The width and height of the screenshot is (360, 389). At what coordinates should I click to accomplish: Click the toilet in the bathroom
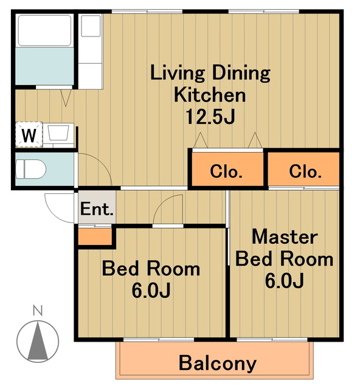click(31, 169)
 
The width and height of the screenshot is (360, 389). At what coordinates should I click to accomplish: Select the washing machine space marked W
click(29, 134)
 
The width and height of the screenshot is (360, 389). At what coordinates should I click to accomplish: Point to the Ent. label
click(97, 209)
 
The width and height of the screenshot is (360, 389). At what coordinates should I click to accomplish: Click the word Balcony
click(218, 363)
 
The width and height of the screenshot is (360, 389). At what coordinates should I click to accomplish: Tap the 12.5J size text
click(210, 117)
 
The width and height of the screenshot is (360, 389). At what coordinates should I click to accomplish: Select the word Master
click(285, 237)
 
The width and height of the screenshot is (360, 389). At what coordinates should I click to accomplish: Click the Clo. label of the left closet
click(226, 171)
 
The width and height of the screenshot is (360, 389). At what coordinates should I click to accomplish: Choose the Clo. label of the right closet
click(305, 171)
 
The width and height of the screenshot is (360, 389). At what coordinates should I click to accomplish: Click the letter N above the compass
click(38, 311)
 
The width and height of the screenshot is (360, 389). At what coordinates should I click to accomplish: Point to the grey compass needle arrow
click(38, 340)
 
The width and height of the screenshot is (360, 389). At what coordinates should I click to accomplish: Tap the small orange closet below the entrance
click(95, 236)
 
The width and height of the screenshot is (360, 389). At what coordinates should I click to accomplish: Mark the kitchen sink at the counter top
click(91, 26)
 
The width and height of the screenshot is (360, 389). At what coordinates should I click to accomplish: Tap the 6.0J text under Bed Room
click(151, 291)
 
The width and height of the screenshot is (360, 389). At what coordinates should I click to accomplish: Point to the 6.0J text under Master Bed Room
click(285, 281)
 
